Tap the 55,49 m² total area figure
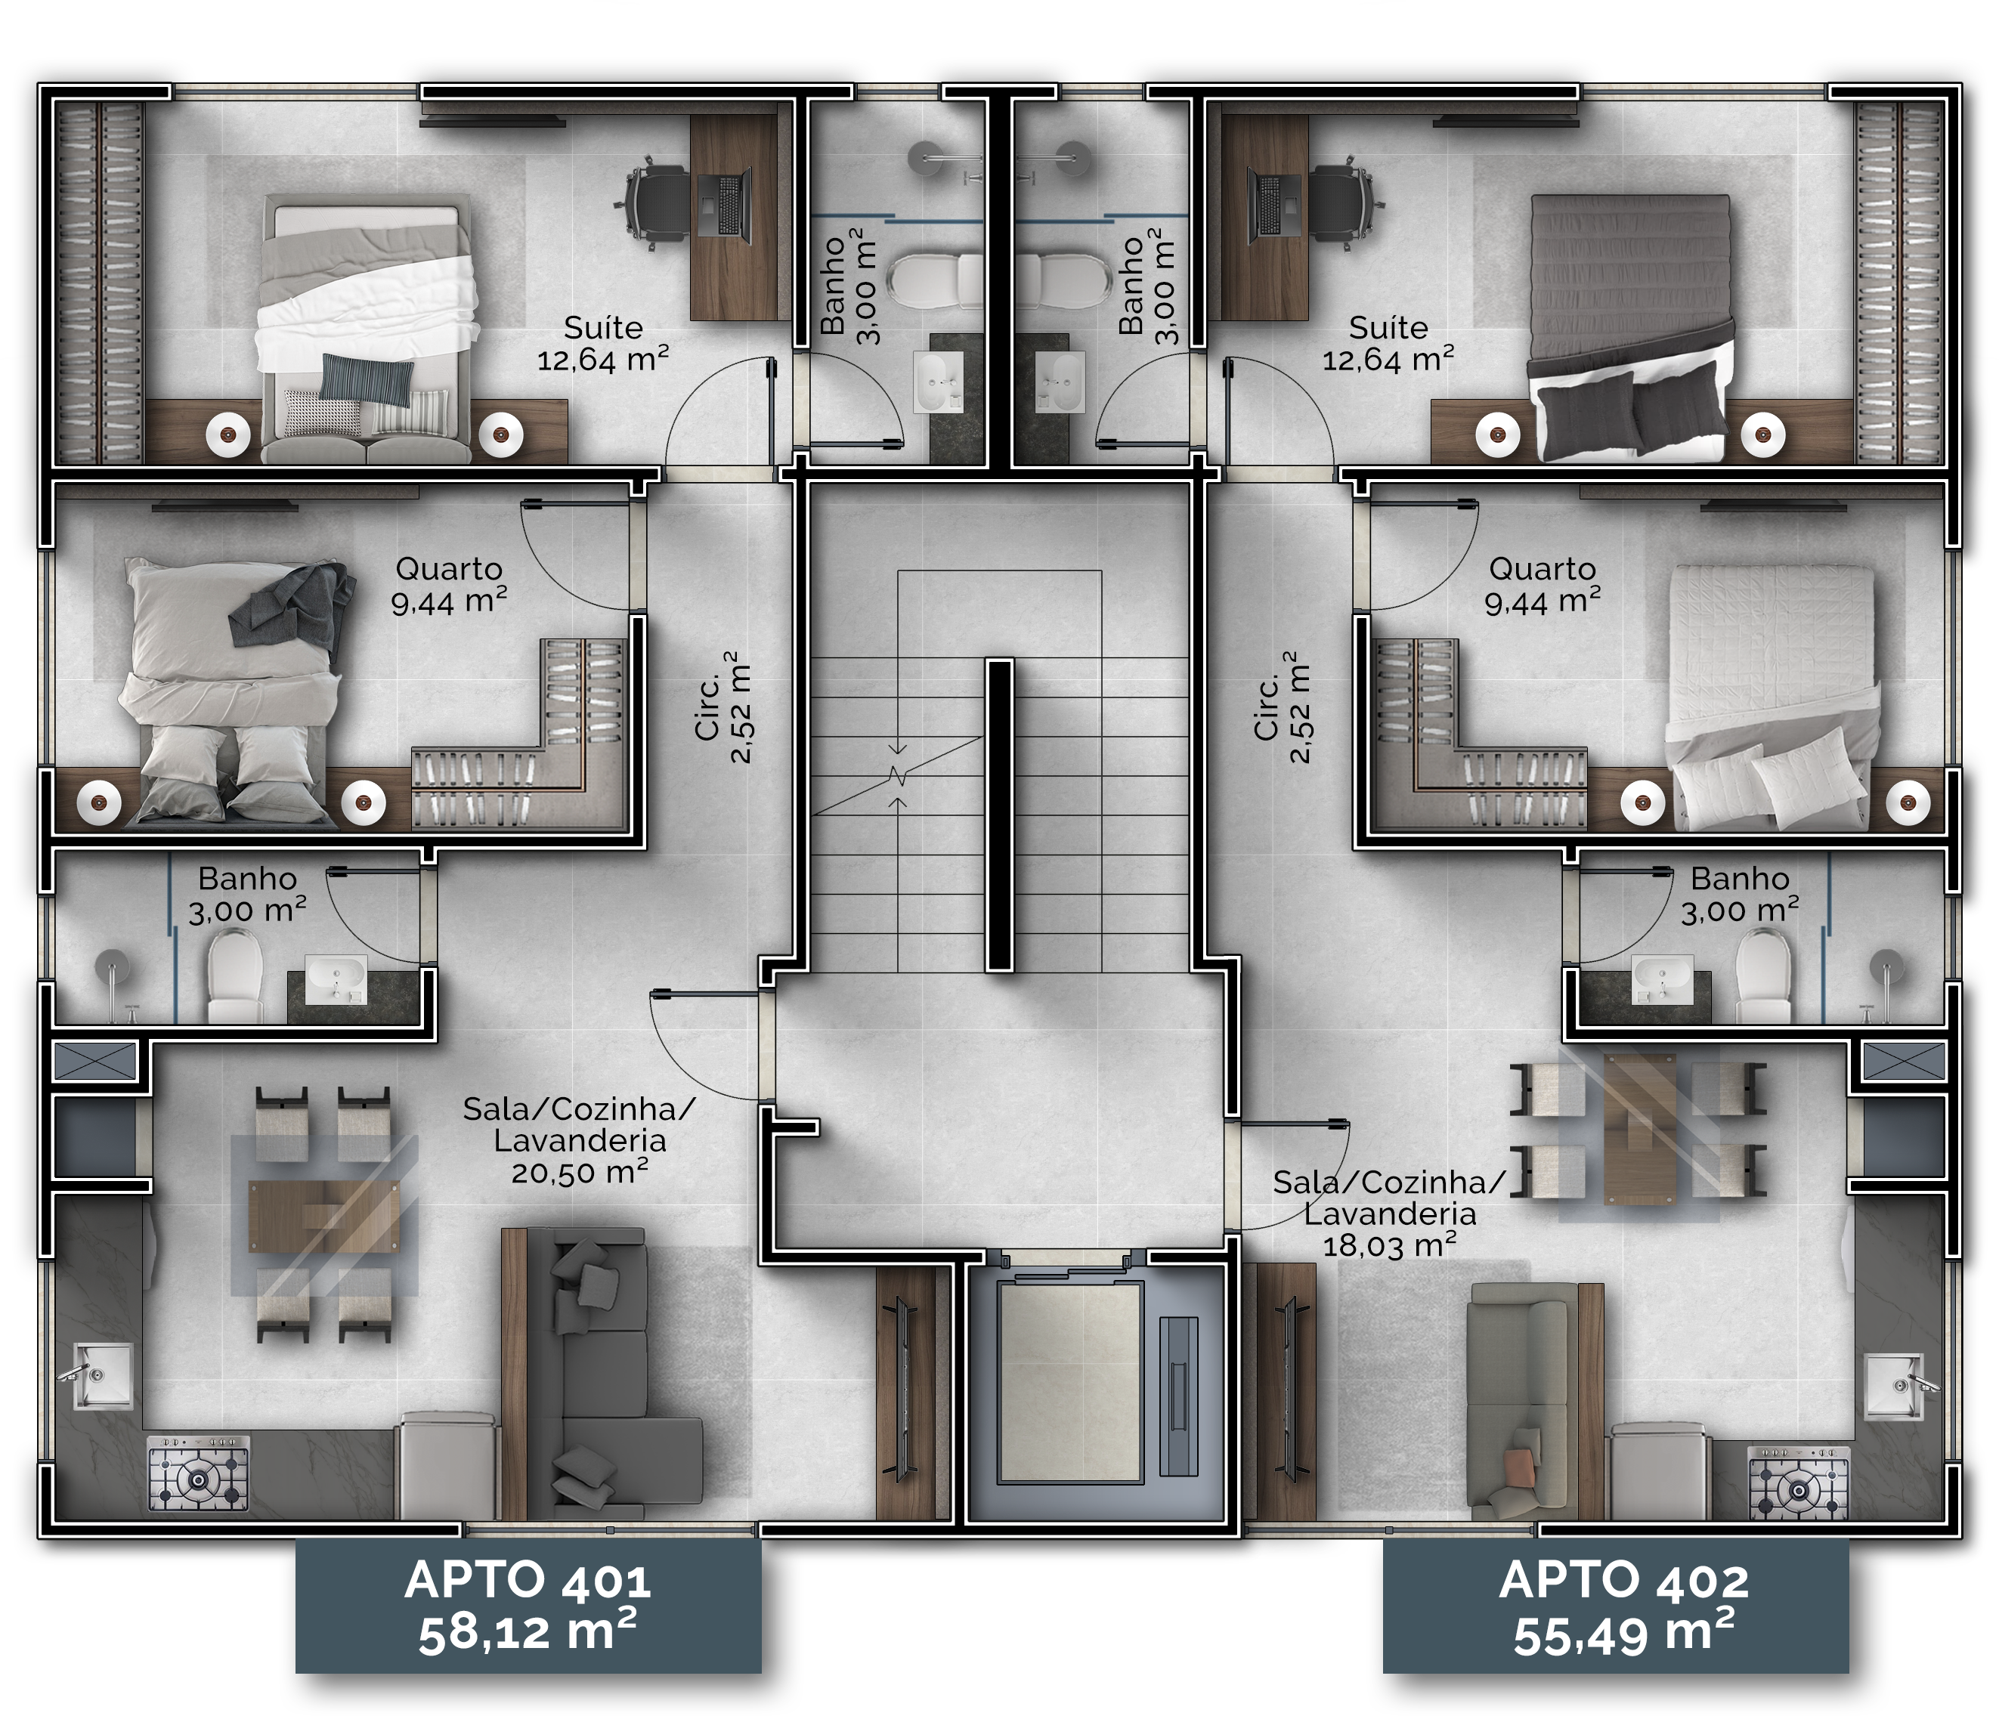[1623, 1633]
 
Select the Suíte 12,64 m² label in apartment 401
[603, 343]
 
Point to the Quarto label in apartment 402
[1542, 569]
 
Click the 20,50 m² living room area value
[579, 1173]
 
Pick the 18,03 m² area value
[1389, 1245]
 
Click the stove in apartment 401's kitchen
[198, 1473]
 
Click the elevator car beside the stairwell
[1070, 1382]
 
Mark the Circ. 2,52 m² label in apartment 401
[723, 707]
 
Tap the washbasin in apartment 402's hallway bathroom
[1661, 979]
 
